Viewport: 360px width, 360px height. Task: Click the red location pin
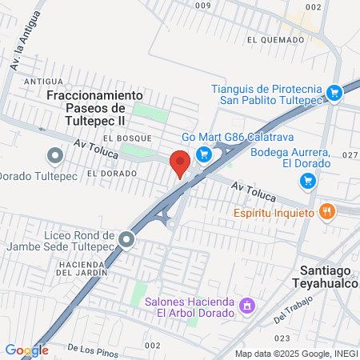(x=180, y=162)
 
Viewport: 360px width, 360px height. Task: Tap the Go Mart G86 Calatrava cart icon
(x=204, y=154)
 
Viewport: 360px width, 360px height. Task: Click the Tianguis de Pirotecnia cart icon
(x=335, y=93)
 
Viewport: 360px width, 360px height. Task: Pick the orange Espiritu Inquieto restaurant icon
(x=326, y=212)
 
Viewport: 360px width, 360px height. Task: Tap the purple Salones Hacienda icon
(x=248, y=306)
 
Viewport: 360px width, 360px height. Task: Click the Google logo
(x=26, y=350)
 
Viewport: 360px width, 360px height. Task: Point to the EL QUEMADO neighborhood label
(x=275, y=38)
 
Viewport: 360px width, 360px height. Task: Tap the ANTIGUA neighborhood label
(x=43, y=82)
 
